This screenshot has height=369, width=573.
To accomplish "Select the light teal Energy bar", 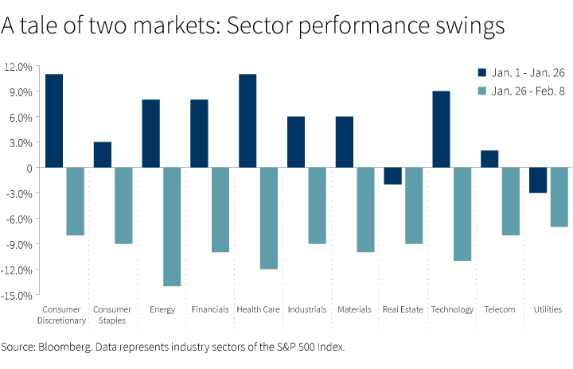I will point(172,227).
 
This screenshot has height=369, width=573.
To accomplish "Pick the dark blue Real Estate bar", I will point(392,176).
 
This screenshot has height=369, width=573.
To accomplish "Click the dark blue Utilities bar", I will point(538,181).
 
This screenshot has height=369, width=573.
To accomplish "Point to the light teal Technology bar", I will point(462,214).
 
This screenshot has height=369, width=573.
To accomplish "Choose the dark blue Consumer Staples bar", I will point(103,155).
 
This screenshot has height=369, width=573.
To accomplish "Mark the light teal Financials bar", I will point(220,210).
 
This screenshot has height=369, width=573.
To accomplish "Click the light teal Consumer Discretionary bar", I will point(75,201).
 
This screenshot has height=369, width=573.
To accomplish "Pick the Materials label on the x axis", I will point(354,309).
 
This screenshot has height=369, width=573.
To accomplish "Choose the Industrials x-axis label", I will point(306,309).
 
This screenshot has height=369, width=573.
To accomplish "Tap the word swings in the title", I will point(469,25).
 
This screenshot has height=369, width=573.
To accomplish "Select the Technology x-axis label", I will point(452,309).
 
